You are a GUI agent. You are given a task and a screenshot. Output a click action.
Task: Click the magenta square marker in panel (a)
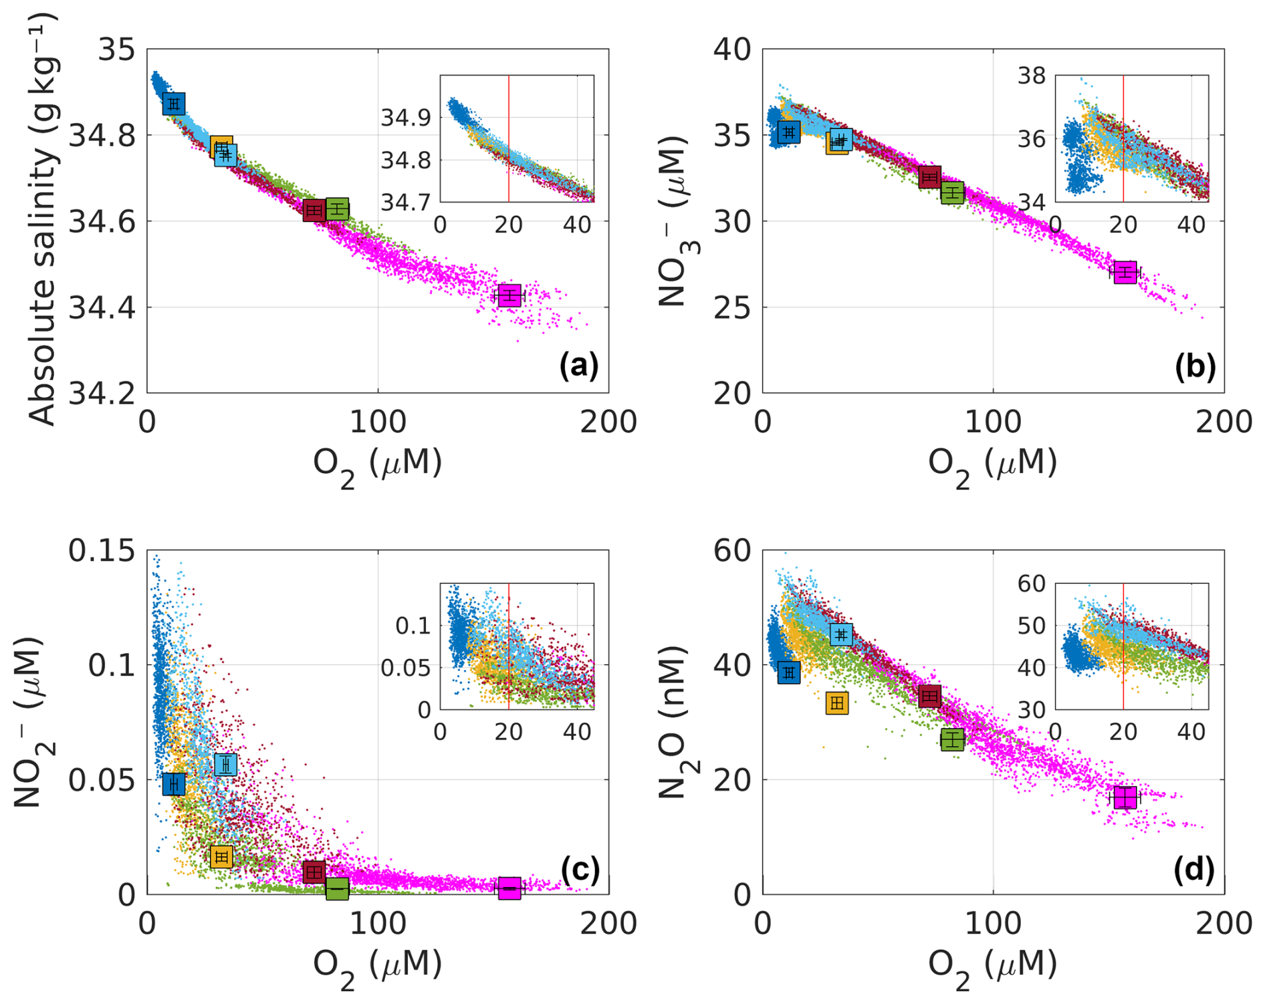point(509,295)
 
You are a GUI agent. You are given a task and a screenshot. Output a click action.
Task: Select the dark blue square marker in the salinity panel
point(174,104)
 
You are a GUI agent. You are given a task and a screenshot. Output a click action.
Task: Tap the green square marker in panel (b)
point(952,193)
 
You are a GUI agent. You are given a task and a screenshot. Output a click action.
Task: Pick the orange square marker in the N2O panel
point(837,703)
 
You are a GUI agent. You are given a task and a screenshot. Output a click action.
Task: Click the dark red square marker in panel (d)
point(929,697)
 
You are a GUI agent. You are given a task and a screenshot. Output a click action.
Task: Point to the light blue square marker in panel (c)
point(226,765)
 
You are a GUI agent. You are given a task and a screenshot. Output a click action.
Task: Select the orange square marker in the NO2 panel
point(221,857)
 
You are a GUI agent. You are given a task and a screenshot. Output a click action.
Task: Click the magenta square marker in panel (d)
point(1125,797)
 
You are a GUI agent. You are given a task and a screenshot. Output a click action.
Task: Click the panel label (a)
point(578,366)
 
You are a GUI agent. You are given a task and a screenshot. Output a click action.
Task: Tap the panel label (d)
point(1194,868)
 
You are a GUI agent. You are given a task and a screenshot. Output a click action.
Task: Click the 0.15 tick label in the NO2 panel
point(102,551)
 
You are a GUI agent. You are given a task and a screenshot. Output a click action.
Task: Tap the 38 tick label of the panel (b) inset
point(1031,76)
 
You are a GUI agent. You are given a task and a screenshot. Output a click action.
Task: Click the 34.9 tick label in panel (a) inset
point(406,118)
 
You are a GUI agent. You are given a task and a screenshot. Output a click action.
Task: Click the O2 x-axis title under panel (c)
point(378,966)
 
